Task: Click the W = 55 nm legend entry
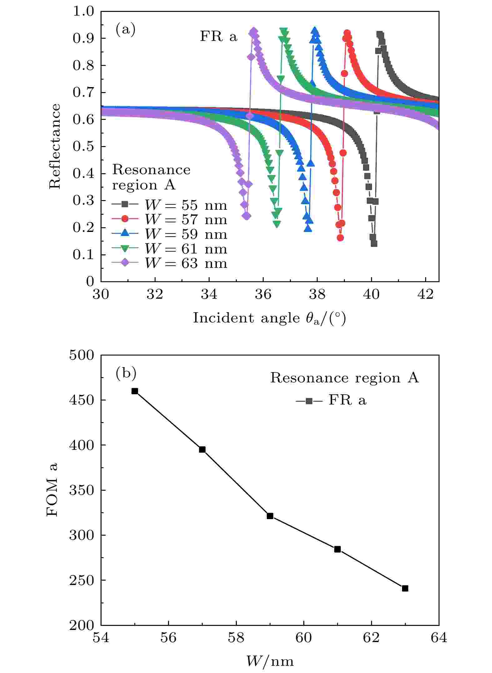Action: click(170, 205)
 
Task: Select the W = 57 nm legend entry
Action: click(170, 219)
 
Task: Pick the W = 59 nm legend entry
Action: click(170, 234)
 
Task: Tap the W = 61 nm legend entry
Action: click(170, 249)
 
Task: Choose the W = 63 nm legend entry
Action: click(170, 263)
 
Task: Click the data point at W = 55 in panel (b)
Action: click(135, 391)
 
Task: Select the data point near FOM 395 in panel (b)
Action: click(202, 449)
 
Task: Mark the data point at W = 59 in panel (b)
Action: click(270, 516)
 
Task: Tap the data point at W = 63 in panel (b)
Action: click(405, 588)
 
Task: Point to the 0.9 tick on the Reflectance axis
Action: click(83, 38)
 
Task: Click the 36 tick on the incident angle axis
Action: click(263, 295)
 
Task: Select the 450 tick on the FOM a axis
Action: click(81, 400)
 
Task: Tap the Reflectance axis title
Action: click(54, 146)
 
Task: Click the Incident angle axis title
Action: click(269, 318)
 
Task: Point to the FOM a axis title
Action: click(52, 490)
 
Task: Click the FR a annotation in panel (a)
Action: click(219, 37)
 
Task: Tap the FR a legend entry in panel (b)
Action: click(331, 400)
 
